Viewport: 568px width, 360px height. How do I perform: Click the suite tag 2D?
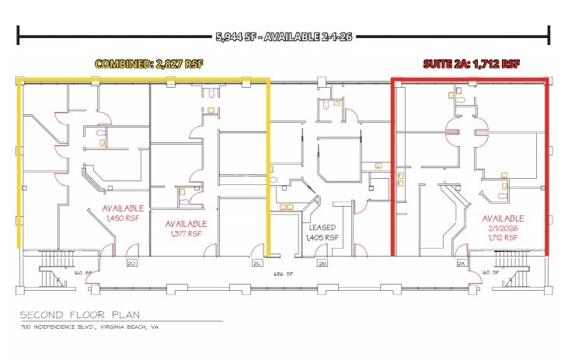coord(131,263)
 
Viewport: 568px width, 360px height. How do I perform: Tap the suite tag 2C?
coord(256,263)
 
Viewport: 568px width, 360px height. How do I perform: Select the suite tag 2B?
coord(322,263)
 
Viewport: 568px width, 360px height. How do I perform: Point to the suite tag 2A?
coord(461,263)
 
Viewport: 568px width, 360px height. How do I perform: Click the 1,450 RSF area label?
coord(123,219)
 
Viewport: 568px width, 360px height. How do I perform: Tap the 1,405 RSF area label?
coord(322,237)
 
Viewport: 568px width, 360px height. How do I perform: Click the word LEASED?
coord(322,229)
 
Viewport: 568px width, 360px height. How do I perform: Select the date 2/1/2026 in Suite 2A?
coord(502,228)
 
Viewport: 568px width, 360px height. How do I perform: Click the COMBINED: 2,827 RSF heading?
coord(148,65)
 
